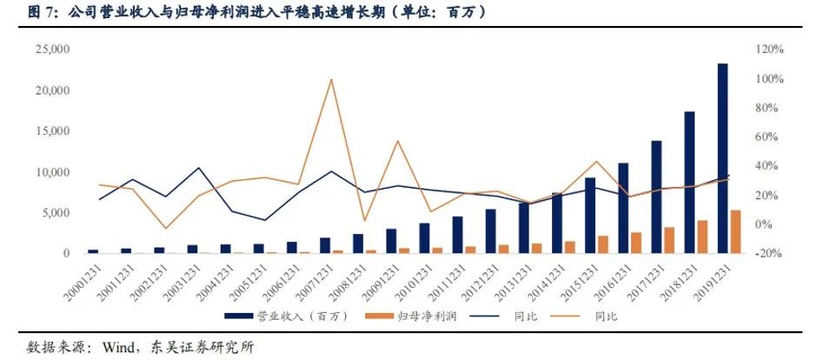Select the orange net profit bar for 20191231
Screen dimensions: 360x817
[734, 231]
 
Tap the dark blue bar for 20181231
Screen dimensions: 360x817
[689, 182]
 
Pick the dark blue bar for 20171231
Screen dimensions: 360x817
[656, 197]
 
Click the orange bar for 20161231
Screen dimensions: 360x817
[636, 243]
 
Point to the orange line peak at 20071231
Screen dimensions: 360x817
[331, 80]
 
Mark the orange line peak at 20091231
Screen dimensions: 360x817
[397, 141]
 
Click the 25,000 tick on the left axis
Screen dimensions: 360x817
[51, 50]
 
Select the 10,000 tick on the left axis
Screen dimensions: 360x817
[51, 172]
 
